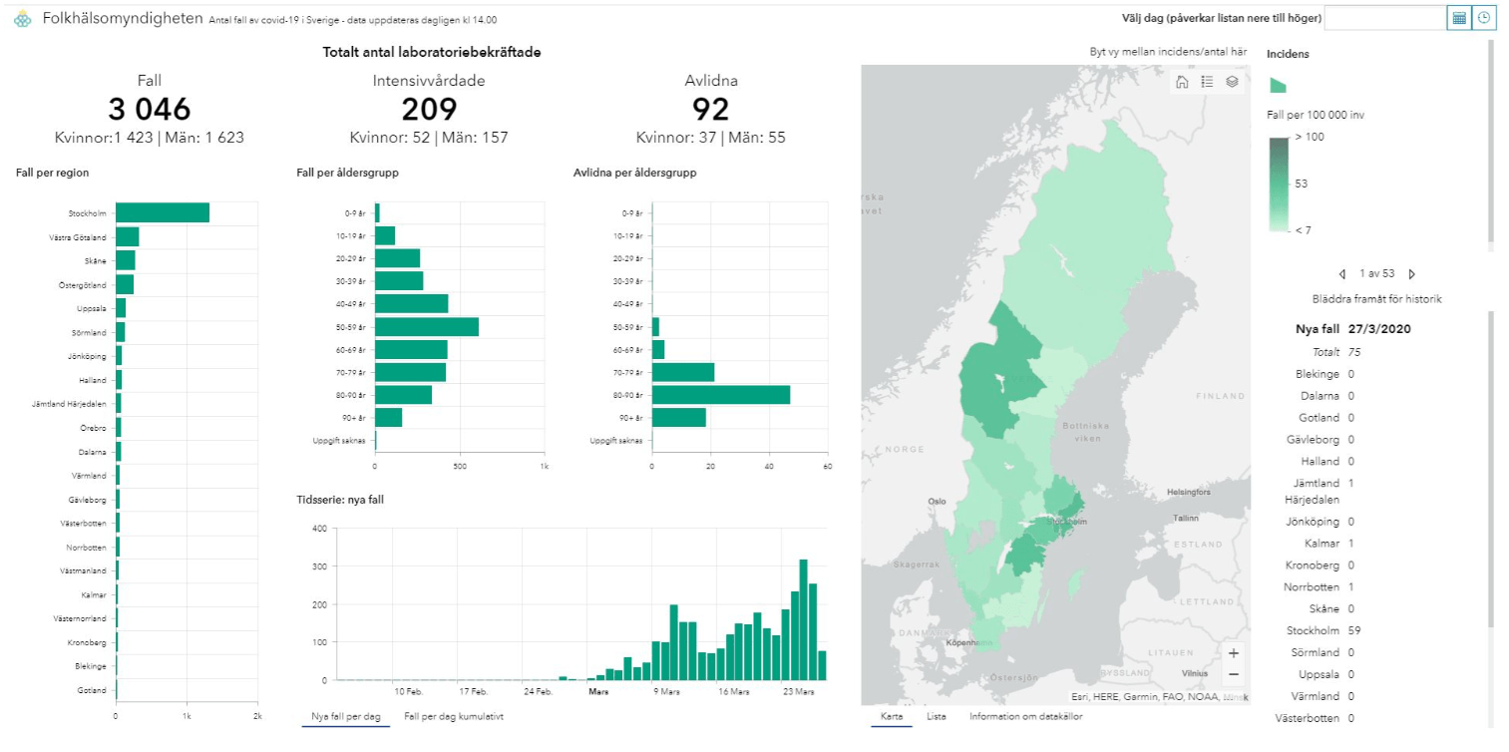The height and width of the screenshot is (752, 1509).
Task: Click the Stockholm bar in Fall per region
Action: tap(163, 212)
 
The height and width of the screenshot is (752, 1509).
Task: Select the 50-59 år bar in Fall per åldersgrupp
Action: tap(427, 327)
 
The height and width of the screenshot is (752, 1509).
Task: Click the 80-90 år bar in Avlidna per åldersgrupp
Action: tap(721, 395)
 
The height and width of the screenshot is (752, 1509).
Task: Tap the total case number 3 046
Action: tap(149, 109)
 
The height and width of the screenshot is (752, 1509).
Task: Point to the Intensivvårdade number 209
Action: tap(429, 109)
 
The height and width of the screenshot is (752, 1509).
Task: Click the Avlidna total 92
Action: tap(710, 109)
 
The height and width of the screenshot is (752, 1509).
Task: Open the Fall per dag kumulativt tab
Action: tap(453, 716)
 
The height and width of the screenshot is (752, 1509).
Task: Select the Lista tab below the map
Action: tap(937, 716)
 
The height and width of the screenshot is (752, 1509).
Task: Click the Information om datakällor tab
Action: tap(1025, 716)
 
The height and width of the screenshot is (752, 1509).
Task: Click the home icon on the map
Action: tap(1182, 82)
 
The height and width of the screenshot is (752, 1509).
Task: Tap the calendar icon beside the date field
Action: tap(1458, 18)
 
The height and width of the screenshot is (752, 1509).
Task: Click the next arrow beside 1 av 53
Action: tap(1412, 274)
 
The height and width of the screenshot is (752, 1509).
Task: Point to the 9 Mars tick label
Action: tap(666, 691)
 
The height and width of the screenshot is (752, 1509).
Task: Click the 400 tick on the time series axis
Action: tap(319, 529)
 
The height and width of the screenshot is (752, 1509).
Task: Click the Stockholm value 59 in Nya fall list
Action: tap(1354, 630)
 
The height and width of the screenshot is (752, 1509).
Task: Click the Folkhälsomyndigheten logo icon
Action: tap(23, 19)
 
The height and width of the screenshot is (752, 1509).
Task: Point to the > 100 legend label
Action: tap(1310, 137)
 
